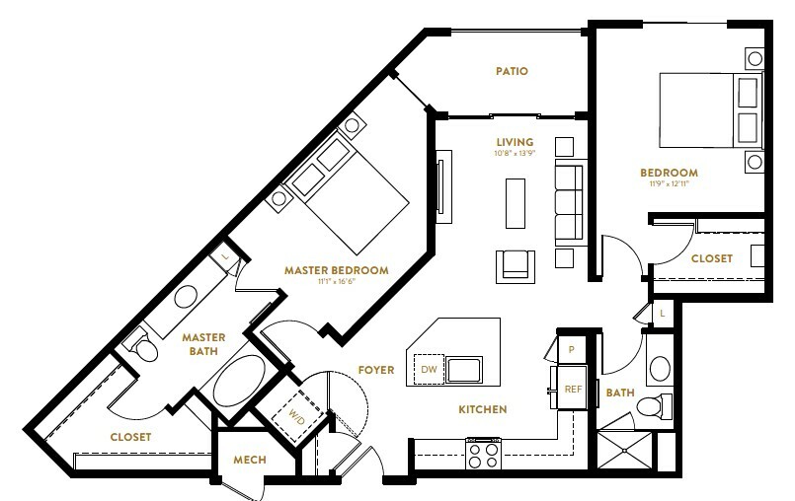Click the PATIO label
click(x=512, y=71)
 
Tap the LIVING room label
click(x=515, y=142)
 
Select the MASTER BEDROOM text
click(x=336, y=270)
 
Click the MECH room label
click(x=250, y=460)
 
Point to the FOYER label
click(x=375, y=370)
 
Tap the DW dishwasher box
click(x=429, y=369)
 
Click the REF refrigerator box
click(x=573, y=388)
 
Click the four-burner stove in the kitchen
click(x=483, y=455)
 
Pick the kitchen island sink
click(x=464, y=369)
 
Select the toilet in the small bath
click(x=654, y=406)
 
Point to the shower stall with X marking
click(x=624, y=450)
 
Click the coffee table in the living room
click(x=516, y=203)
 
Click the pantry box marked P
click(x=572, y=349)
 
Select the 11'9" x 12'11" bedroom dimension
click(x=669, y=183)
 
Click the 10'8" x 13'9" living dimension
click(x=516, y=154)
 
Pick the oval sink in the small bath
click(x=660, y=368)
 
